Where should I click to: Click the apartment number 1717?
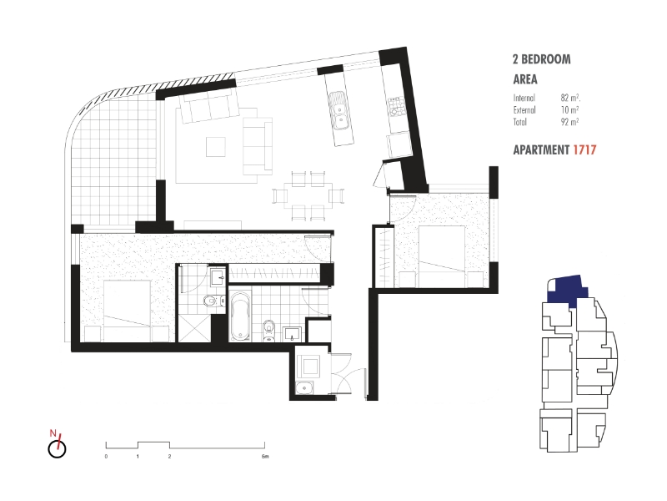584,150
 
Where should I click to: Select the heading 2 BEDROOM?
541,59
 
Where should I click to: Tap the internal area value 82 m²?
570,98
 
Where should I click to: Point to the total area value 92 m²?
569,122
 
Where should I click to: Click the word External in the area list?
524,110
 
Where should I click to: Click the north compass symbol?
57,446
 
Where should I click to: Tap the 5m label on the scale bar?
265,457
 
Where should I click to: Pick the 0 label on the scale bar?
106,457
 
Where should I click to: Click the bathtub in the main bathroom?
240,316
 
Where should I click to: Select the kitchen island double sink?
340,110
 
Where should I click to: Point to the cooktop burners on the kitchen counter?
397,107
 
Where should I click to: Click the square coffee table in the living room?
216,147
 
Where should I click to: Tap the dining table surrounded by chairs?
308,195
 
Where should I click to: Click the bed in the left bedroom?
128,311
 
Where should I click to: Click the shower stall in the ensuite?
194,328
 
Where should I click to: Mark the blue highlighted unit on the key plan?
568,291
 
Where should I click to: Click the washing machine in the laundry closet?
309,366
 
